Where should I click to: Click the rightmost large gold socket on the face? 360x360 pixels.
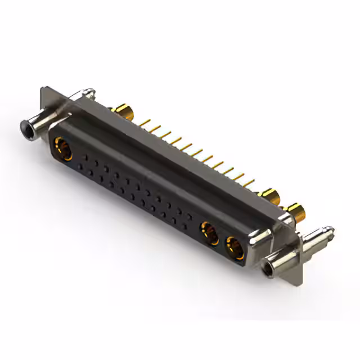[235, 247]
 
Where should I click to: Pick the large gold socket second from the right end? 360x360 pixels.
[210, 232]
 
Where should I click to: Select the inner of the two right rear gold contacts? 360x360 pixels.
[271, 197]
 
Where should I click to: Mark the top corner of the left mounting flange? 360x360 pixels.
[43, 88]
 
